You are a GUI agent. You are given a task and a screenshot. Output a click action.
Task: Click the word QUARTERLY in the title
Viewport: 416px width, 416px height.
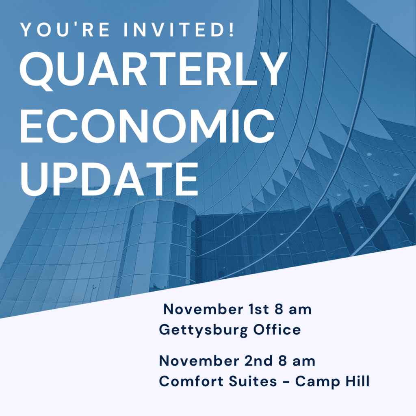click(154, 69)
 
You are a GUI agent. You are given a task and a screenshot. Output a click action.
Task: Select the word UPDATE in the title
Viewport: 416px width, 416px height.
click(109, 179)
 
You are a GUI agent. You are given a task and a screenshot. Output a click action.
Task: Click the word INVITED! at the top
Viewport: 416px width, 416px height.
click(179, 29)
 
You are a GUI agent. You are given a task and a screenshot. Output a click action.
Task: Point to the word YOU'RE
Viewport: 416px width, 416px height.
click(65, 29)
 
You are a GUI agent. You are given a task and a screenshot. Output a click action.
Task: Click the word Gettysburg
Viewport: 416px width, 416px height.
click(204, 330)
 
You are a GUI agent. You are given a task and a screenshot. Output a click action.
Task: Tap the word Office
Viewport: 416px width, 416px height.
click(277, 329)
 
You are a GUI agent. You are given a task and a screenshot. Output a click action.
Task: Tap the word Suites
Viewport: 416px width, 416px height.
click(253, 381)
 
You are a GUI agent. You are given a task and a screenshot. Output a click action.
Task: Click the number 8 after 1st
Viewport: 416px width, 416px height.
click(279, 309)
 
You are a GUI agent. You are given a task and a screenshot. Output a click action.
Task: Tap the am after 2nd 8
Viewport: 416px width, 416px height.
click(304, 362)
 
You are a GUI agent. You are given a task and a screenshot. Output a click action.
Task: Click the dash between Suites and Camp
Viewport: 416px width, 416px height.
click(286, 382)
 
